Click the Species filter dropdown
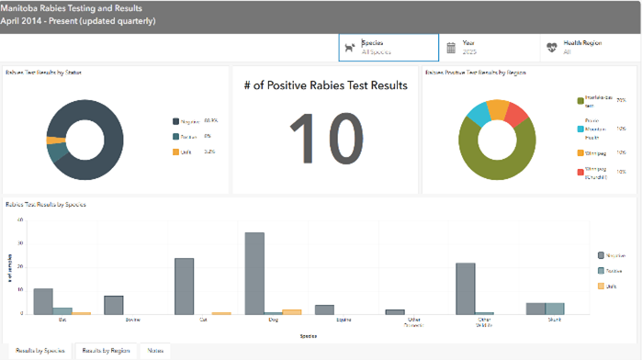point(388,47)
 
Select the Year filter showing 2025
point(487,47)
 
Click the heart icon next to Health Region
point(551,48)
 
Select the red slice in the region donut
point(516,116)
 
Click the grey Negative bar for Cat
point(185,286)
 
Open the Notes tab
point(155,350)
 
